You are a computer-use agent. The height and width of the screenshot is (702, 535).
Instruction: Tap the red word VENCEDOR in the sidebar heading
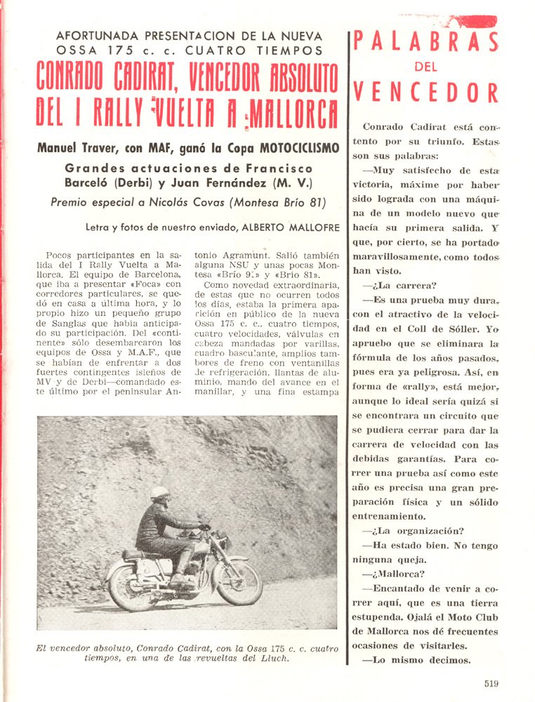point(425,92)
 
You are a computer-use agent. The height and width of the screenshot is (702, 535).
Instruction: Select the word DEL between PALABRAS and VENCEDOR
point(425,67)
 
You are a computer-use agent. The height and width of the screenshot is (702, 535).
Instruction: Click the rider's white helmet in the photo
point(160,493)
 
